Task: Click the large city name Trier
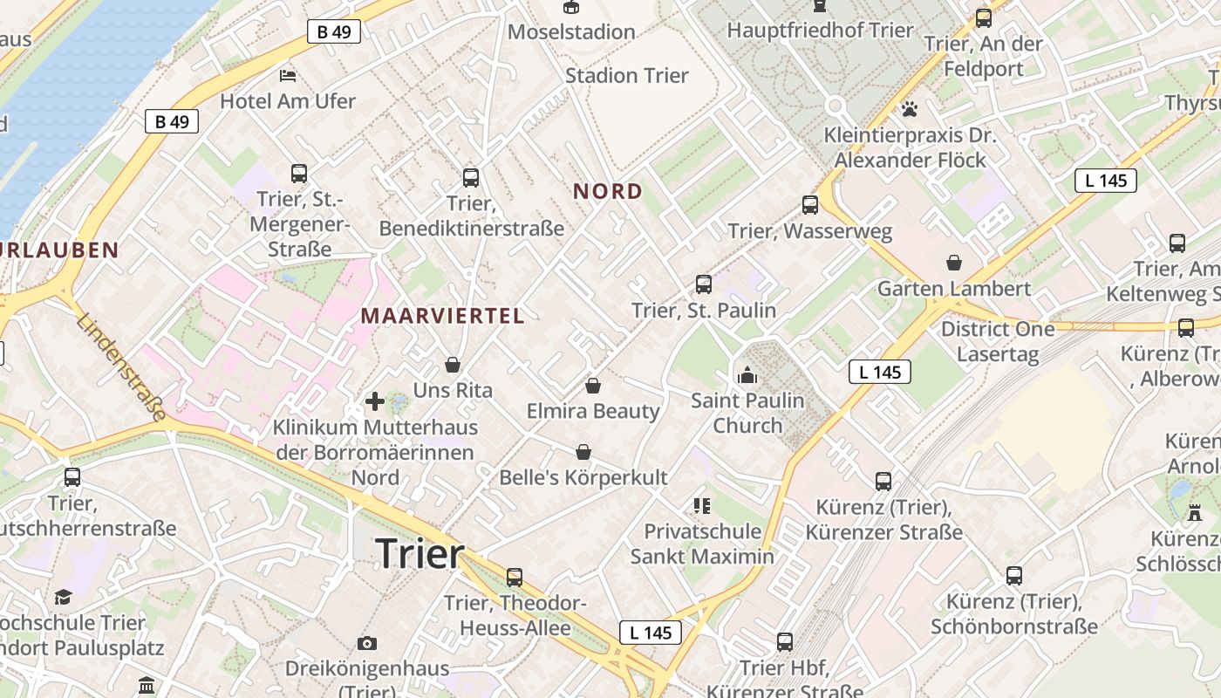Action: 420,554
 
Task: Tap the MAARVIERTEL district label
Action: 443,316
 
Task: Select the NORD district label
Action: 608,191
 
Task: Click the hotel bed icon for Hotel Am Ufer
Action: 288,75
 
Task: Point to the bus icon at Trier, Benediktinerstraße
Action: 471,178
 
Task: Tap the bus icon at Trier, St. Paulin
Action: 704,284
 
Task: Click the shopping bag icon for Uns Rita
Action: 453,364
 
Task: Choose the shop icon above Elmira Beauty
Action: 593,385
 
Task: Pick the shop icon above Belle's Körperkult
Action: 583,451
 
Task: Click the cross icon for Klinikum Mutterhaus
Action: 375,401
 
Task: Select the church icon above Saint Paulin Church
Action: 747,375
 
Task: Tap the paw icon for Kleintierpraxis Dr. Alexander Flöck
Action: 910,110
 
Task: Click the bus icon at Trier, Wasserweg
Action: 810,205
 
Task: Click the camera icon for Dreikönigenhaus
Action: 367,643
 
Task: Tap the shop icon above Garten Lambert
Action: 954,263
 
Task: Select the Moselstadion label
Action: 571,32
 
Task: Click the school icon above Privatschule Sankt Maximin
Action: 702,505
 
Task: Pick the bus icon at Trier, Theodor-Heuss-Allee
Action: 515,577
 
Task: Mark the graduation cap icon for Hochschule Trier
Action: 63,597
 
